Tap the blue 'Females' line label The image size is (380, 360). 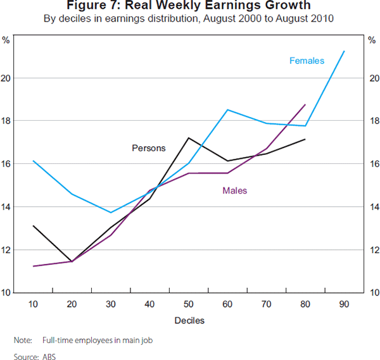pyautogui.click(x=307, y=61)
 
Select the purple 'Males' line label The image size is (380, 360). pyautogui.click(x=234, y=190)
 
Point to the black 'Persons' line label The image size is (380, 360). pyautogui.click(x=148, y=148)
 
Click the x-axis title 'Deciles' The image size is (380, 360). pyautogui.click(x=189, y=320)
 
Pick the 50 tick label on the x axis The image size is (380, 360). pyautogui.click(x=189, y=304)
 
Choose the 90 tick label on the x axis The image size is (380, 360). pyautogui.click(x=344, y=304)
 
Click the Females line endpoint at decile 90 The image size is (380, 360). pyautogui.click(x=344, y=51)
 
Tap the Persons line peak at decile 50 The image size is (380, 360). pyautogui.click(x=189, y=138)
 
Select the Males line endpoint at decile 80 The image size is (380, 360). pyautogui.click(x=305, y=104)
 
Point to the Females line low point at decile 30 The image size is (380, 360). pyautogui.click(x=111, y=213)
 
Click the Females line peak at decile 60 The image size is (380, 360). pyautogui.click(x=227, y=109)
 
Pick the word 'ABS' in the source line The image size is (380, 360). pyautogui.click(x=49, y=357)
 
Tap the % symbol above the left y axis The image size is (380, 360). pyautogui.click(x=6, y=40)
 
